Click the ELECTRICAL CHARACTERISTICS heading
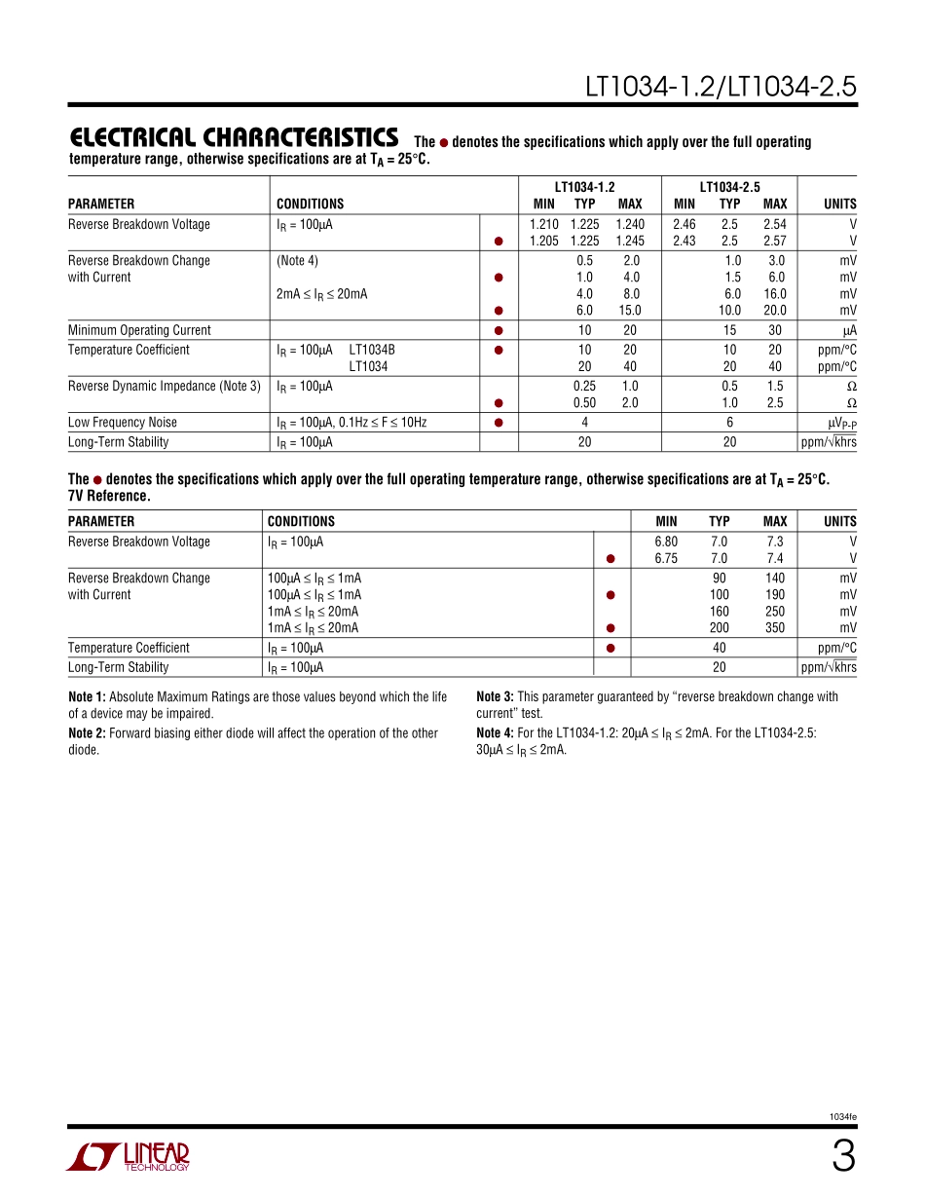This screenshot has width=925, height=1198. [234, 137]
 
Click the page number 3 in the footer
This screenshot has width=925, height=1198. [843, 1157]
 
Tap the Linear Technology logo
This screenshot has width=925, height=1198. [128, 1156]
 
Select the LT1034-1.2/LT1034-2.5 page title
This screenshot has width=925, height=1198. [721, 87]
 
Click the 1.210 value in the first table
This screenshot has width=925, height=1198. [543, 224]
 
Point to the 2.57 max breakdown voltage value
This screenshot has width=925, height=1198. [774, 241]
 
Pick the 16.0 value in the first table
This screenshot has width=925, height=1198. [774, 293]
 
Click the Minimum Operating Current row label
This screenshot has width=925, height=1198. [139, 330]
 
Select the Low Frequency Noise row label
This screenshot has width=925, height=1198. [123, 422]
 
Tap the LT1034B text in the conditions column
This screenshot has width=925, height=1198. [372, 350]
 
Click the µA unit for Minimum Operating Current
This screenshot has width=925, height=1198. [849, 330]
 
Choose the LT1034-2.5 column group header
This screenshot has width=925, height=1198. [729, 186]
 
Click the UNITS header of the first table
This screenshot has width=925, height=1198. [839, 204]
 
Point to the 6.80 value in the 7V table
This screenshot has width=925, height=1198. [666, 542]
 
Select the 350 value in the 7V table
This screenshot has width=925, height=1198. [774, 628]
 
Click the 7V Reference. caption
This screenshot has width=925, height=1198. [109, 496]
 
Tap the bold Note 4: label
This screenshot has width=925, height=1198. [495, 732]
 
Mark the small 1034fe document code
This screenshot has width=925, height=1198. [843, 1116]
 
